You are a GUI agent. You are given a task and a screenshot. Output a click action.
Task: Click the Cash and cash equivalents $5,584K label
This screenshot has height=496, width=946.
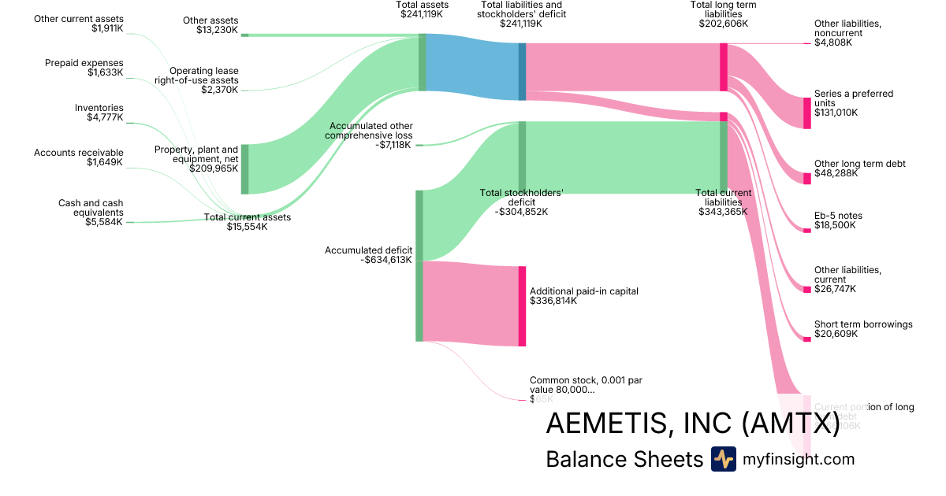tap(91, 213)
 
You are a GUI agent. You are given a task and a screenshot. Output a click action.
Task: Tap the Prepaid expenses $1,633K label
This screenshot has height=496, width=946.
tap(84, 68)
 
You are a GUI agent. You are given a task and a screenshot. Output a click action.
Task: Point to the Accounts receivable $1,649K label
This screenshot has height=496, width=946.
tap(79, 157)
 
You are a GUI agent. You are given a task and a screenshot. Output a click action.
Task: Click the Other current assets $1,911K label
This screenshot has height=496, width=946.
tap(79, 23)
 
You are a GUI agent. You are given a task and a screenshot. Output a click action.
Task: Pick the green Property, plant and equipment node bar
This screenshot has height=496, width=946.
tap(244, 168)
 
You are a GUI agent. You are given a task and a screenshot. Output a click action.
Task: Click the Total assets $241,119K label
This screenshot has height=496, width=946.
tap(422, 9)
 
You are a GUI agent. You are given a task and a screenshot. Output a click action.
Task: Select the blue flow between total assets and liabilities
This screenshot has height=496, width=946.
tap(472, 67)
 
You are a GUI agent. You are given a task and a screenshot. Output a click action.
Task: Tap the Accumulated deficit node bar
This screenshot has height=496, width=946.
tap(419, 265)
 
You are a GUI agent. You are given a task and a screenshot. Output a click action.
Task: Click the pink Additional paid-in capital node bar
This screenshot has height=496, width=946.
tap(522, 306)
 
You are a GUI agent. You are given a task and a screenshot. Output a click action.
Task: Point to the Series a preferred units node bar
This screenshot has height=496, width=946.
tap(806, 113)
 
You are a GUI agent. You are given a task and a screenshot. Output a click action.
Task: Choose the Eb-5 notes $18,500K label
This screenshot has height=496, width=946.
tap(838, 220)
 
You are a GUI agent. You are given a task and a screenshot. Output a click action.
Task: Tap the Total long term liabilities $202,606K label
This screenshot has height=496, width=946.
tap(723, 15)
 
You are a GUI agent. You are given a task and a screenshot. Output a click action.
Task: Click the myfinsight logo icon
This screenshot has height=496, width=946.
tap(723, 459)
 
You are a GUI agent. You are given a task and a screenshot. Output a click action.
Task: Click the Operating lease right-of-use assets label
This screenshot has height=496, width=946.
tap(203, 80)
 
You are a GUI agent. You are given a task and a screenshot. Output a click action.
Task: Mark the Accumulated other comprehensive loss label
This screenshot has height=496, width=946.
tap(371, 135)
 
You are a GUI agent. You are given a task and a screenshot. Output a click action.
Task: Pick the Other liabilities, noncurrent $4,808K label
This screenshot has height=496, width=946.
tap(847, 33)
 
